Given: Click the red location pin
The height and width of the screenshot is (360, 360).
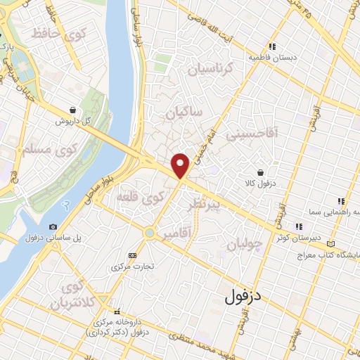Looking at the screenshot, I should click(x=181, y=165).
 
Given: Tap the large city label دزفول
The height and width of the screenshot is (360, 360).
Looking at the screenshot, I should click(x=243, y=297).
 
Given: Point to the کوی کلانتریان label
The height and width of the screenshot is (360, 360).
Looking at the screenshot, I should click(x=67, y=296).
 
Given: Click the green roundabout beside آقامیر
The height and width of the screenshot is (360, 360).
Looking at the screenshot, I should click(x=149, y=232).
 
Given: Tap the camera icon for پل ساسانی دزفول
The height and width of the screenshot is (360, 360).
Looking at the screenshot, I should click(x=53, y=227).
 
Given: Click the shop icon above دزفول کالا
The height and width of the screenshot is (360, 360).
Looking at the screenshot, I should click(x=261, y=172).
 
